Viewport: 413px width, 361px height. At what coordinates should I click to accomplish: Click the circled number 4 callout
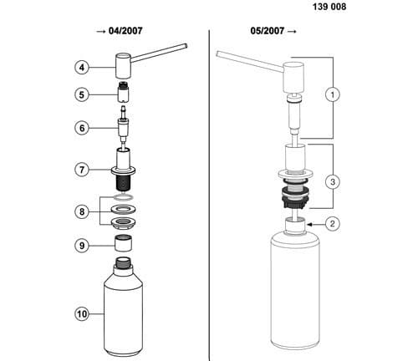(82, 67)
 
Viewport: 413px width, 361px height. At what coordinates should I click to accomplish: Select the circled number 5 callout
(82, 94)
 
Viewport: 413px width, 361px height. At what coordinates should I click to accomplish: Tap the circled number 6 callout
(82, 128)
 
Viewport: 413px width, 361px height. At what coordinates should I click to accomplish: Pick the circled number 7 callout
(82, 170)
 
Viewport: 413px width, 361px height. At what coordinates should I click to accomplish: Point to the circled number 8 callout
(82, 212)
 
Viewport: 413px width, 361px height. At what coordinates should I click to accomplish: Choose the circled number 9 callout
(82, 247)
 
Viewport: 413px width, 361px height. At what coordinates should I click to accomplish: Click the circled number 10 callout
(82, 314)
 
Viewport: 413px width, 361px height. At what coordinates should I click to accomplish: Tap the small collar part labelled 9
(125, 245)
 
